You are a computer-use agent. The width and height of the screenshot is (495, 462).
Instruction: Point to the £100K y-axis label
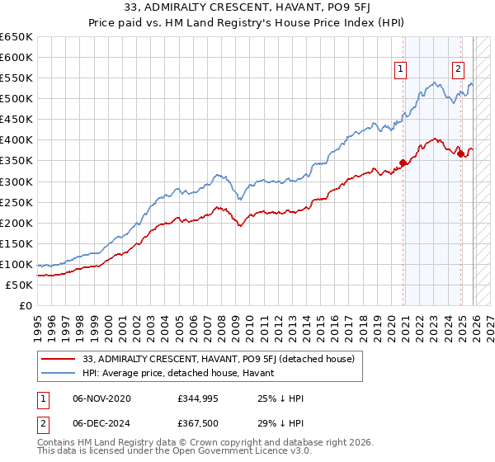pyautogui.click(x=16, y=264)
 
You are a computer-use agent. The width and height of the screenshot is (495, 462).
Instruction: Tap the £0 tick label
pyautogui.click(x=26, y=305)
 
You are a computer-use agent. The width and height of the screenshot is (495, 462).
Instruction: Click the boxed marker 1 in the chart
pyautogui.click(x=401, y=70)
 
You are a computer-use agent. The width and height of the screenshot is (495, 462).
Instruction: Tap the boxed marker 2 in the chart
pyautogui.click(x=457, y=70)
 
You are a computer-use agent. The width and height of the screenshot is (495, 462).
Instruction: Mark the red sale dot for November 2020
pyautogui.click(x=403, y=163)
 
